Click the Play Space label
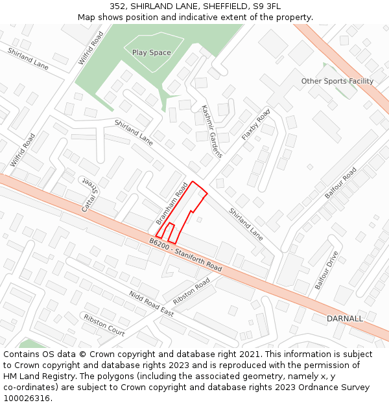151,52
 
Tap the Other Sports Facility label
337,81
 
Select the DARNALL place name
345,319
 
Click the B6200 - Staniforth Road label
185,254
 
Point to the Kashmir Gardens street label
212,132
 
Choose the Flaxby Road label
255,125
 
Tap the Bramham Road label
172,203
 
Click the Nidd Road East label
151,303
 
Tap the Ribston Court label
104,324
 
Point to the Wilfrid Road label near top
91,47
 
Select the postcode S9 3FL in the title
267,6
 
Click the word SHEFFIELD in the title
218,6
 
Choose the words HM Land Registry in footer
35,376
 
